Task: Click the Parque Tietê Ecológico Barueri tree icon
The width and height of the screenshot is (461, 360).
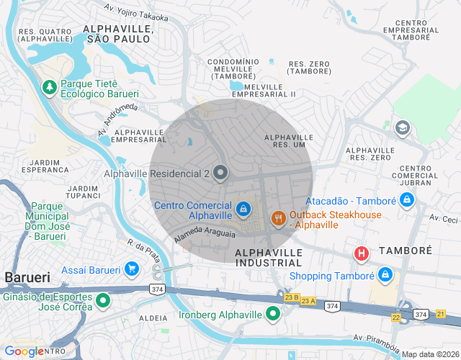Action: click(x=50, y=87)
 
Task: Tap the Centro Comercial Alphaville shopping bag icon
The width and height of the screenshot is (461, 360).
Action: click(x=244, y=209)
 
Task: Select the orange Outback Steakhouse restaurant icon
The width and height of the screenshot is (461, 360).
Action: click(x=278, y=218)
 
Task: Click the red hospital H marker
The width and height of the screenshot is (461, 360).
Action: click(x=362, y=253)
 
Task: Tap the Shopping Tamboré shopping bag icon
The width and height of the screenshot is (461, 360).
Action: click(x=386, y=275)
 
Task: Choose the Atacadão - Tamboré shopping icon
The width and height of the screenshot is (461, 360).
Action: click(x=407, y=199)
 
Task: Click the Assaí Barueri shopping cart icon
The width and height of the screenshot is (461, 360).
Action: click(x=131, y=269)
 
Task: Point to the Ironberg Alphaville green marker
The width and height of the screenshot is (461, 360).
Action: click(x=273, y=313)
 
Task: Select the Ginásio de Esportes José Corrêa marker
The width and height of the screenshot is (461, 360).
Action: click(x=103, y=300)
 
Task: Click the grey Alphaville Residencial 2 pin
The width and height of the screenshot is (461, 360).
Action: click(x=220, y=173)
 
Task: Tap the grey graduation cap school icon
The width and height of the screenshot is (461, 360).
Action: click(x=402, y=128)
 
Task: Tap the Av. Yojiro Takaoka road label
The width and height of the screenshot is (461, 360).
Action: click(x=136, y=12)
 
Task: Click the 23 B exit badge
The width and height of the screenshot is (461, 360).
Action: click(x=292, y=297)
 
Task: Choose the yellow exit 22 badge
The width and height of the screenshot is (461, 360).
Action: click(x=396, y=317)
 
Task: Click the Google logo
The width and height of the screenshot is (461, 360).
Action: click(x=24, y=351)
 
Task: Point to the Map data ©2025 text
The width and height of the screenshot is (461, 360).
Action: click(x=430, y=354)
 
